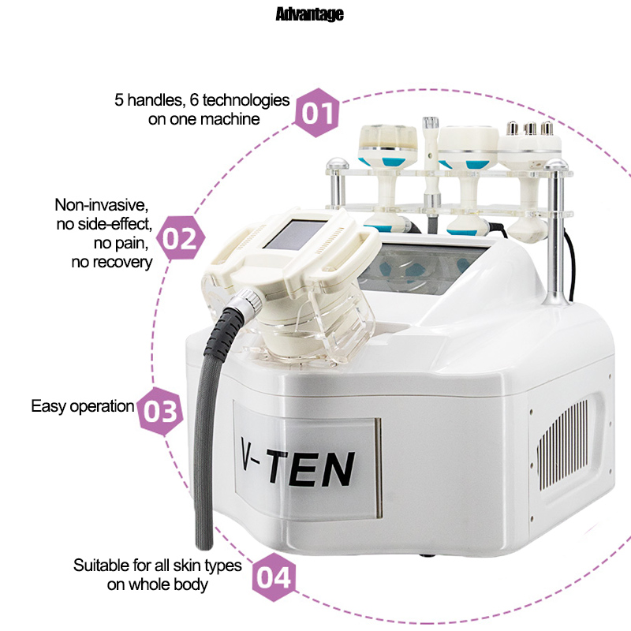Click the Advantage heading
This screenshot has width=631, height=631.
pos(309,14)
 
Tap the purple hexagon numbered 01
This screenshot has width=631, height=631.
pos(318,113)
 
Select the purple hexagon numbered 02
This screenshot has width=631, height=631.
pos(180,238)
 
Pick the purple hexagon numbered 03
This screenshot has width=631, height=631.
pos(160,411)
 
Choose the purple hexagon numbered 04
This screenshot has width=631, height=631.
pos(274,577)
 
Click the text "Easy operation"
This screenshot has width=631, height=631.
pos(83,406)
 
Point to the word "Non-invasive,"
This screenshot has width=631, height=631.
pos(102,205)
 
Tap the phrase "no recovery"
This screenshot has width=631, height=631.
pos(112,262)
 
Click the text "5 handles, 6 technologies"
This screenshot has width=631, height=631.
pos(202,100)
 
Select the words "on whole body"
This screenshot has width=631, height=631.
pos(157,584)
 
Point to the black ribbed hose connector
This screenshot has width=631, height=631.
pos(226,330)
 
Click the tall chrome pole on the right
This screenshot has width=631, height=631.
pos(557,233)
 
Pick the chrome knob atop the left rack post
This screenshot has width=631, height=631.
pos(338,164)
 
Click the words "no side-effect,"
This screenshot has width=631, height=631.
pos(104,224)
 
